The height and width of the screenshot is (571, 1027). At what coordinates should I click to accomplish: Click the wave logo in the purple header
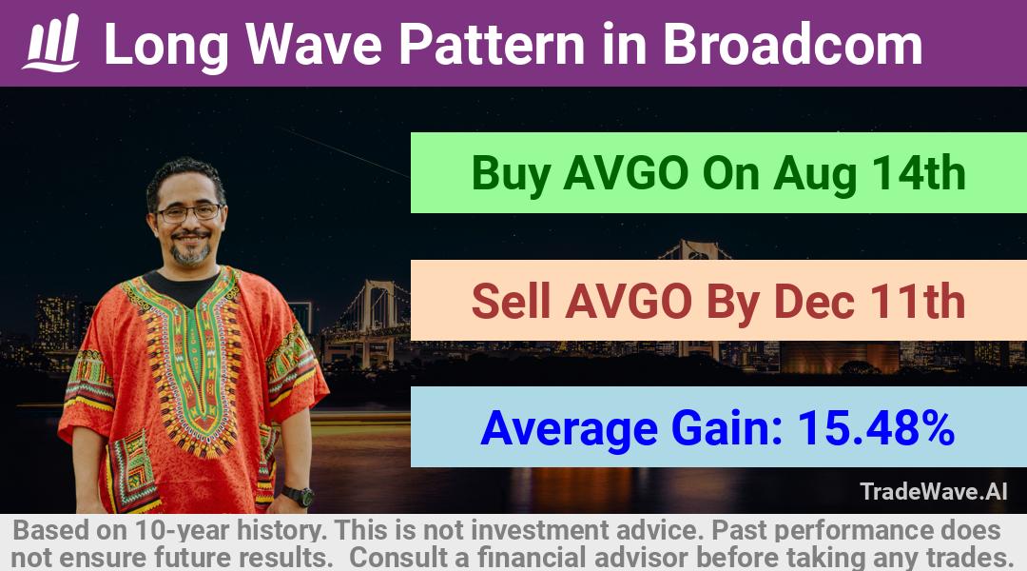tap(51, 43)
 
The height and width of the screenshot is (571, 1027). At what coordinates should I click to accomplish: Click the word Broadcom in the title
tap(792, 44)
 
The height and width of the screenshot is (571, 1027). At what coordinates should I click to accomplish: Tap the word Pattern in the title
tap(492, 44)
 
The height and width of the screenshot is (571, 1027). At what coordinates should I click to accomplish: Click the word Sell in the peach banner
tap(511, 301)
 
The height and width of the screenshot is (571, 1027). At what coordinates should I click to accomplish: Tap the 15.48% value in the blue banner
tap(876, 427)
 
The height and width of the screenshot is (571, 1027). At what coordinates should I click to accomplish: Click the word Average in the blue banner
tap(569, 429)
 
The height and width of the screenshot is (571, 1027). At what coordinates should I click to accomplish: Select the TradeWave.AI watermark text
tap(934, 491)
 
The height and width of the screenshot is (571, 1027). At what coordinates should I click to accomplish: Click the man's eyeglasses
tap(188, 212)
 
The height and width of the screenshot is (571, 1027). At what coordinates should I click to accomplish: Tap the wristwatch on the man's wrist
tap(299, 496)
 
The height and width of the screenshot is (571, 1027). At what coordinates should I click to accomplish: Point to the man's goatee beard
tap(190, 251)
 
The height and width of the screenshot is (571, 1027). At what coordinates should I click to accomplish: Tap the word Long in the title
tap(166, 46)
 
